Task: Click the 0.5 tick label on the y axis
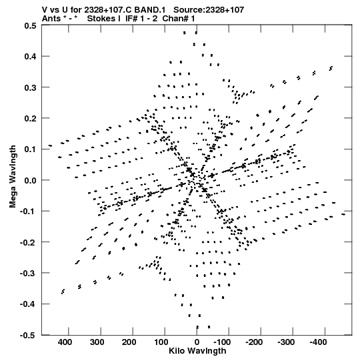click(31, 26)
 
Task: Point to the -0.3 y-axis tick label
click(28, 274)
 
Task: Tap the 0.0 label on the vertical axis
click(31, 180)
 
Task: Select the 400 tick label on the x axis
click(65, 342)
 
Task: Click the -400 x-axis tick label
click(318, 342)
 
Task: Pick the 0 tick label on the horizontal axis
click(197, 342)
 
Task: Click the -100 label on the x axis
click(222, 342)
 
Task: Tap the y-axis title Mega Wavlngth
click(13, 177)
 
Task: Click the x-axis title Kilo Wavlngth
click(197, 351)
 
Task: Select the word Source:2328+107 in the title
click(209, 9)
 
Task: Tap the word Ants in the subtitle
click(51, 19)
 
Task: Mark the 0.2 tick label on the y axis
click(31, 119)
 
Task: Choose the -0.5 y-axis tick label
click(28, 336)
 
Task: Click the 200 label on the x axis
click(129, 342)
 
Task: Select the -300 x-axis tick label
click(286, 342)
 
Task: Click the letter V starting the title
click(45, 9)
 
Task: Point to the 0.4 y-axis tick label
click(31, 57)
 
